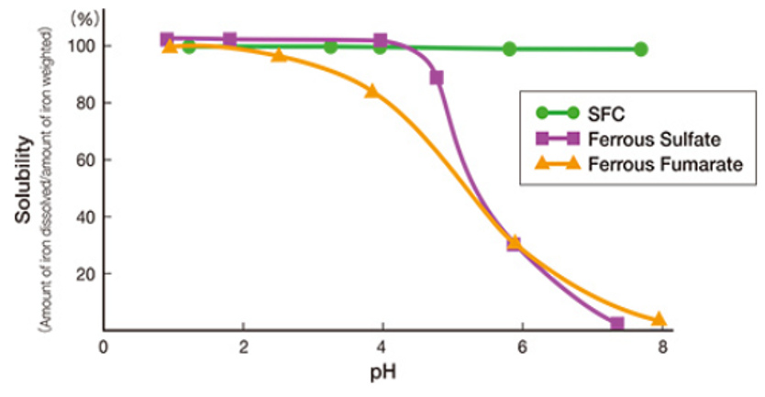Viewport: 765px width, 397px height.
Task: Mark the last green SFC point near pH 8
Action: click(640, 49)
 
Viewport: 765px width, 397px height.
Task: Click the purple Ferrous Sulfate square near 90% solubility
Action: click(437, 78)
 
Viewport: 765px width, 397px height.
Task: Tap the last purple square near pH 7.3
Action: click(616, 324)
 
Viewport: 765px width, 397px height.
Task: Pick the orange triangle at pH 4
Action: click(371, 91)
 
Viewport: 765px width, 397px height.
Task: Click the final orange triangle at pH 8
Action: click(659, 319)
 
